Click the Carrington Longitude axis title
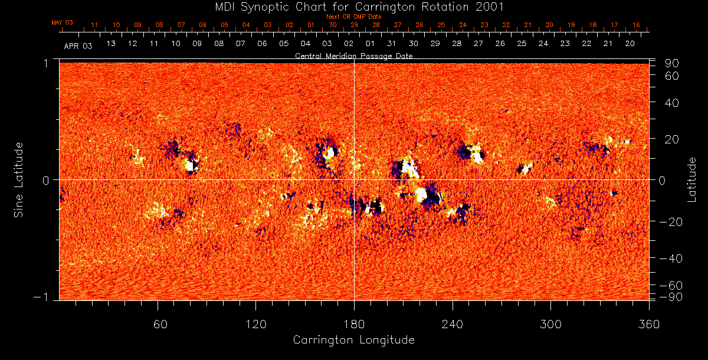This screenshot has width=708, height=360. [x=354, y=340]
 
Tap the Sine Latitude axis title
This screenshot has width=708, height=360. [x=19, y=179]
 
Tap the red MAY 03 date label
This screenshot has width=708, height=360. [x=62, y=22]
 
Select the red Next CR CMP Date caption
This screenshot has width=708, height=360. [x=354, y=17]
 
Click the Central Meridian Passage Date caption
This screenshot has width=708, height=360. [x=354, y=55]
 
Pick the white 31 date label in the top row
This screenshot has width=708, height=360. [x=392, y=44]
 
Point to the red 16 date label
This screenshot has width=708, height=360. [x=635, y=25]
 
